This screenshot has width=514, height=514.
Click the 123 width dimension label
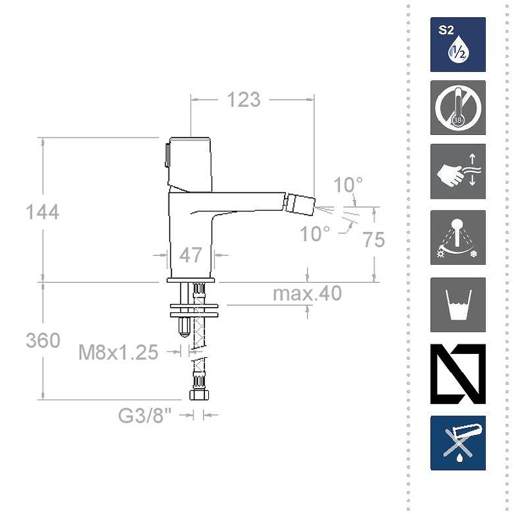tap(242, 100)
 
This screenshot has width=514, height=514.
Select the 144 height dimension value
tap(42, 211)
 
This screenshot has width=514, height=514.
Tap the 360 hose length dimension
tap(42, 340)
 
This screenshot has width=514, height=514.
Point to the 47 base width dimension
tap(190, 255)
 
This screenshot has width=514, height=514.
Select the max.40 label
tap(307, 294)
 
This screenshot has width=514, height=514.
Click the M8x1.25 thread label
tap(118, 352)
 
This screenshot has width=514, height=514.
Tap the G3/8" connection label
tap(145, 416)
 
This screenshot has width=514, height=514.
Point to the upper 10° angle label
tap(348, 185)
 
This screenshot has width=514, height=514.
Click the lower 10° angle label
tap(315, 234)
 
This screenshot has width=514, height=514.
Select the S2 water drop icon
tap(457, 44)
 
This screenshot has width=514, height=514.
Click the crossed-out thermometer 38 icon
tap(457, 107)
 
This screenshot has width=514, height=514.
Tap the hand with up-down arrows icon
tap(457, 171)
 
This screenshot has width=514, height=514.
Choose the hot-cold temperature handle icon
tap(457, 237)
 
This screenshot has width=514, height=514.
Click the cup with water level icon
tap(457, 305)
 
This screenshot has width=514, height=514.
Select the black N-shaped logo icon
tap(457, 374)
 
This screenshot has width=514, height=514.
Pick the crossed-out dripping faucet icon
tap(457, 443)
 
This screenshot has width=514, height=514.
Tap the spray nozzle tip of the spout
tap(303, 205)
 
